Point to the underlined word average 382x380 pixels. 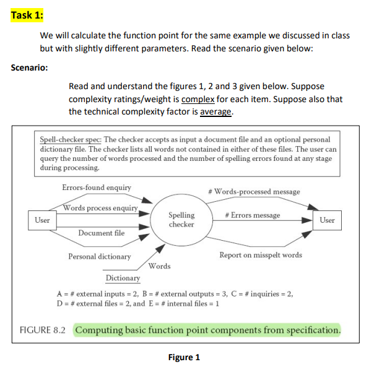pyautogui.click(x=216, y=112)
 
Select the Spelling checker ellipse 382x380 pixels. pyautogui.click(x=181, y=220)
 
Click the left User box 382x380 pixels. pyautogui.click(x=42, y=220)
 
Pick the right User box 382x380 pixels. pyautogui.click(x=326, y=220)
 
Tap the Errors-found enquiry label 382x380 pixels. pyautogui.click(x=97, y=188)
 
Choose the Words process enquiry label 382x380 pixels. pyautogui.click(x=100, y=208)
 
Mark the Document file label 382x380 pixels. pyautogui.click(x=101, y=233)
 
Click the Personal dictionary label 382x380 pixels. pyautogui.click(x=99, y=256)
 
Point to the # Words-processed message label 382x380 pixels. pyautogui.click(x=254, y=191)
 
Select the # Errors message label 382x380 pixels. pyautogui.click(x=253, y=215)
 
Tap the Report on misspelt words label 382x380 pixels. pyautogui.click(x=261, y=255)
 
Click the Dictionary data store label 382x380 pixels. pyautogui.click(x=123, y=278)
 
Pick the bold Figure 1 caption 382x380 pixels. pyautogui.click(x=184, y=357)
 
